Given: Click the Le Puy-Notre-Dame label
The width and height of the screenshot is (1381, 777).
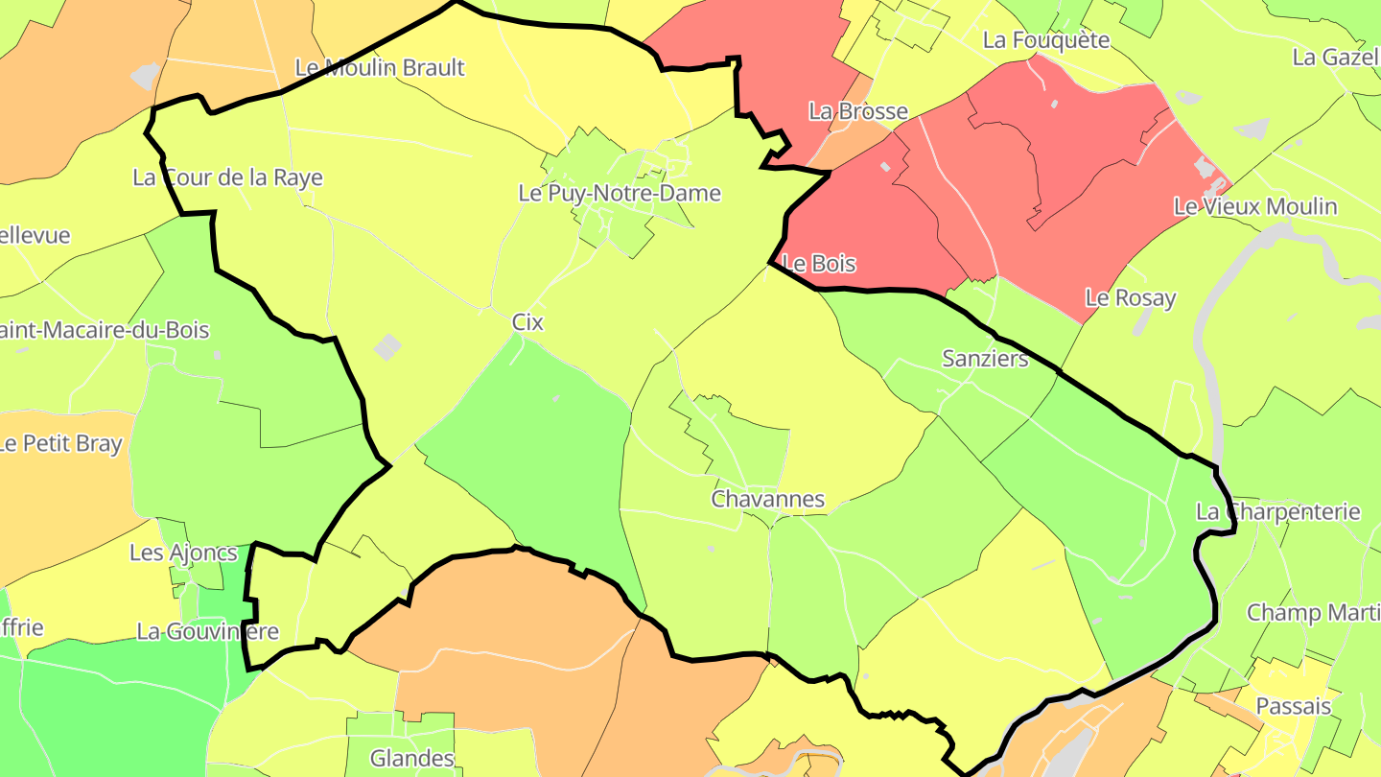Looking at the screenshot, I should pyautogui.click(x=620, y=193).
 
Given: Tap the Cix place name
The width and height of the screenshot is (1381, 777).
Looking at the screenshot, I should pyautogui.click(x=527, y=322).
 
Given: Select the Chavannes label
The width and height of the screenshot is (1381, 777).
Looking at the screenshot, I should pyautogui.click(x=767, y=499).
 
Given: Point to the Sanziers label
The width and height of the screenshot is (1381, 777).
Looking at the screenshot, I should pyautogui.click(x=985, y=359).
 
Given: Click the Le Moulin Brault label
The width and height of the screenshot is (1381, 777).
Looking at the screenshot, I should pyautogui.click(x=380, y=68).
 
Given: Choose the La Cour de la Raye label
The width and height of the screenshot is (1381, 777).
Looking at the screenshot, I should pyautogui.click(x=227, y=177).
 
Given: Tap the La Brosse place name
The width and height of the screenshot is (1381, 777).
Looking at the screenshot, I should pyautogui.click(x=858, y=111).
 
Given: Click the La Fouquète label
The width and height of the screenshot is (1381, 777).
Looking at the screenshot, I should pyautogui.click(x=1046, y=40).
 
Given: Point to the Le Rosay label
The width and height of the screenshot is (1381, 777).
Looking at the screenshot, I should pyautogui.click(x=1130, y=297).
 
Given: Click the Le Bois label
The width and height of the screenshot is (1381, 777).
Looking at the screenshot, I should pyautogui.click(x=820, y=264).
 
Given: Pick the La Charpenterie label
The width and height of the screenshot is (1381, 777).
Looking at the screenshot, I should pyautogui.click(x=1277, y=511).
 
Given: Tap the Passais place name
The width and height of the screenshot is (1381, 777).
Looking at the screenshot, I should pyautogui.click(x=1293, y=707).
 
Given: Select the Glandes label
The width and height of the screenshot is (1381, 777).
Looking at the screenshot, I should pyautogui.click(x=412, y=758).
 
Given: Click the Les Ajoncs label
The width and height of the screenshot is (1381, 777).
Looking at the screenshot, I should pyautogui.click(x=183, y=553).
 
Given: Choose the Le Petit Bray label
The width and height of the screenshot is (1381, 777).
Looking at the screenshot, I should pyautogui.click(x=60, y=444).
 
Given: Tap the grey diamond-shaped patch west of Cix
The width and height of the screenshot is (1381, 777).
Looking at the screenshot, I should pyautogui.click(x=387, y=346).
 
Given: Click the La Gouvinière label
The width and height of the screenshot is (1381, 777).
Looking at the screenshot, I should pyautogui.click(x=207, y=631).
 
